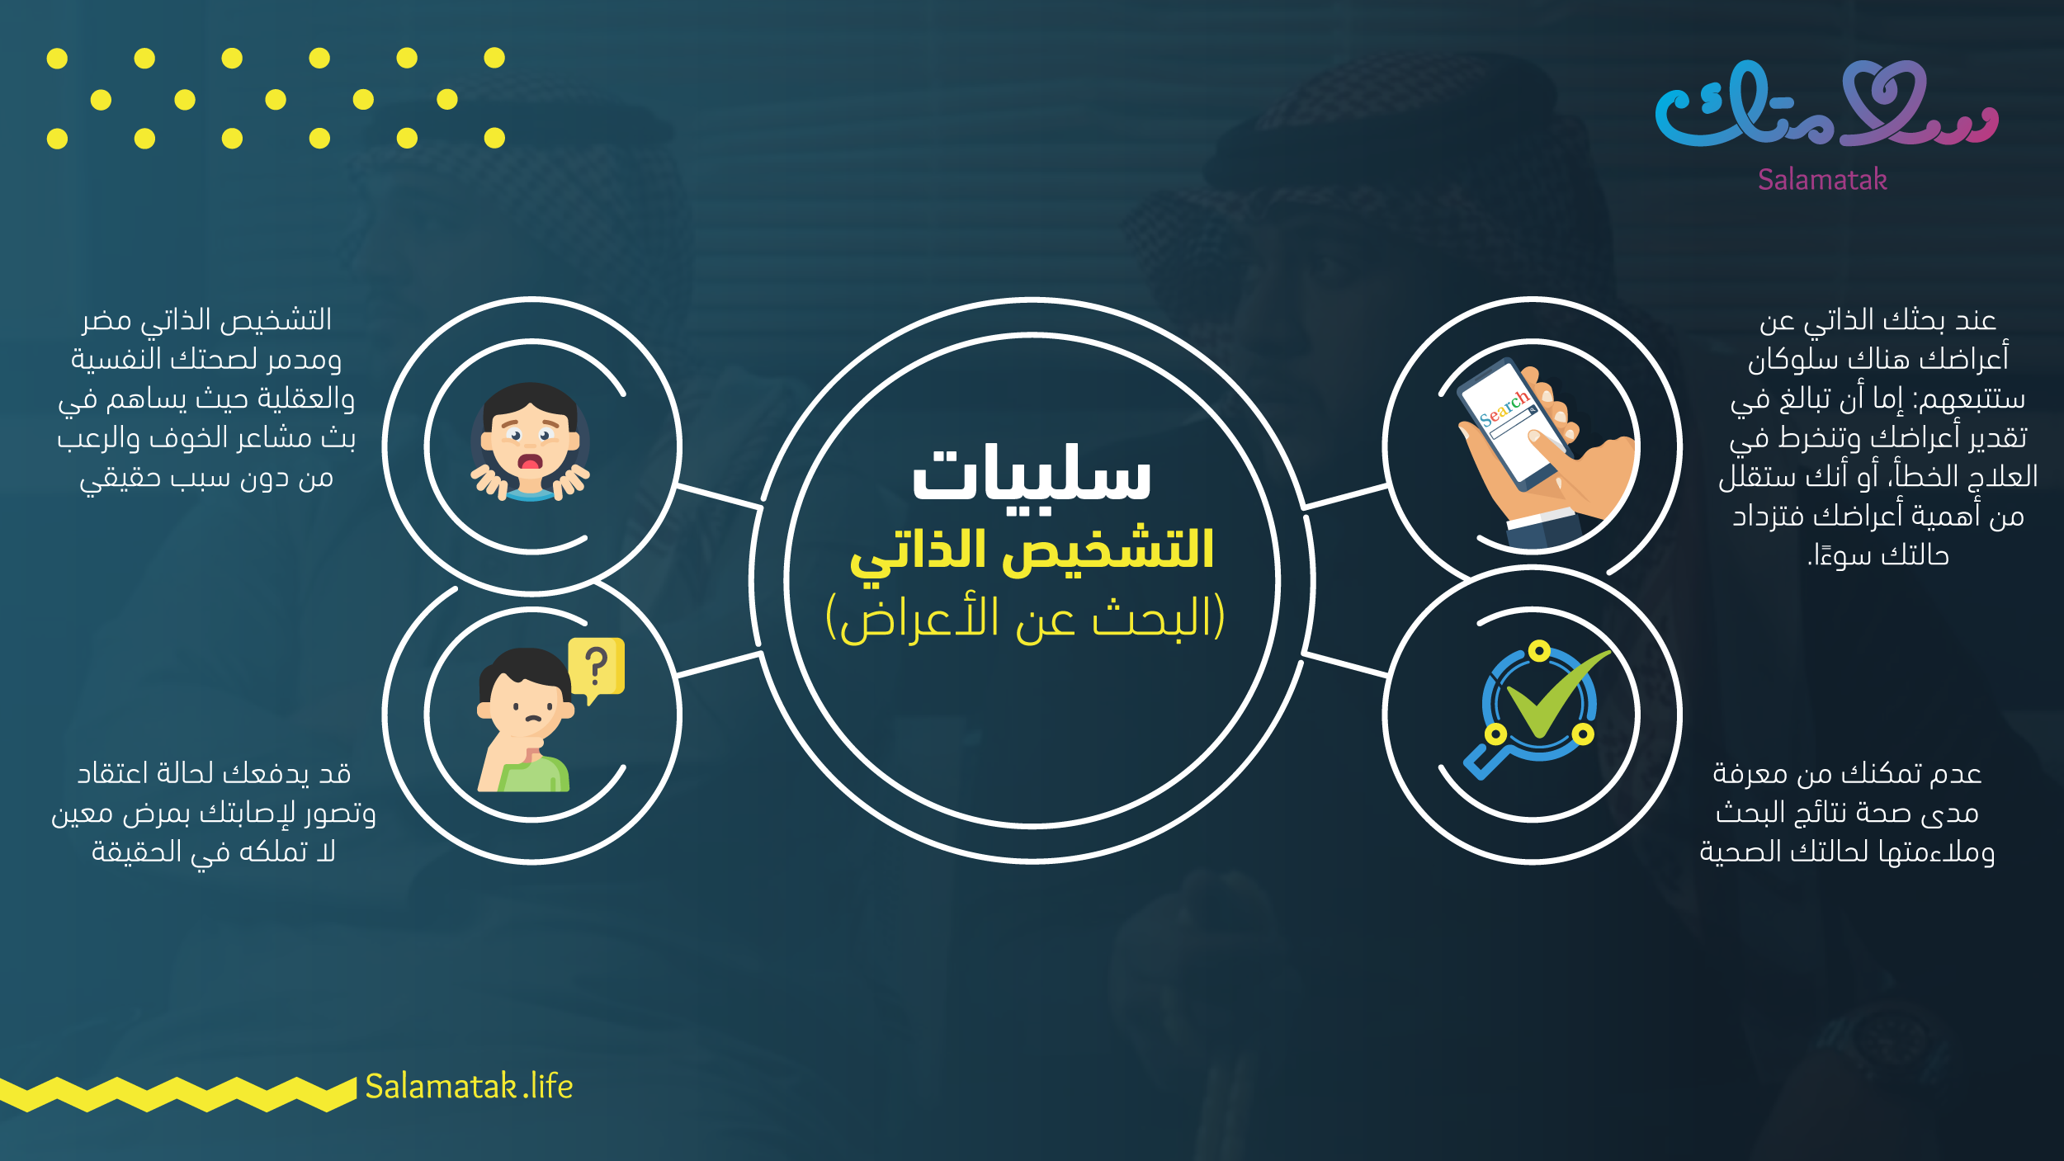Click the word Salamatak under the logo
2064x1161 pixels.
(1822, 179)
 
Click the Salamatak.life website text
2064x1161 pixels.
(469, 1087)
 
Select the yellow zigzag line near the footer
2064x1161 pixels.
(177, 1094)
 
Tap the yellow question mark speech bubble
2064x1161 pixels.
(597, 668)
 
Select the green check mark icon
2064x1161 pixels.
(1552, 693)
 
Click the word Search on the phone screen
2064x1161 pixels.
(1504, 408)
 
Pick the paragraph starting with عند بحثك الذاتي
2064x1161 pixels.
(1878, 437)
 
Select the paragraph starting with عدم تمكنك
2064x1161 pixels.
(1847, 813)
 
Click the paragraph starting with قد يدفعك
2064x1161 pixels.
(214, 813)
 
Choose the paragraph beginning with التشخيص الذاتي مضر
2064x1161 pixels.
(206, 399)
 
